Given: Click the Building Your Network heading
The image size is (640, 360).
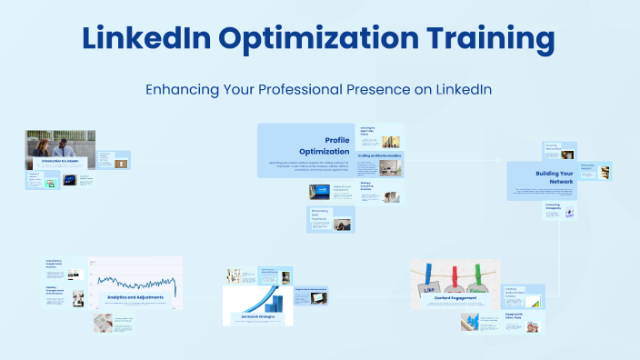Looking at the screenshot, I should point(554,176).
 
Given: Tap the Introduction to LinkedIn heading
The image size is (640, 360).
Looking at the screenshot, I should point(59,161).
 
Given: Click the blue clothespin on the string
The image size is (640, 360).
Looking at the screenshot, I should point(428,274).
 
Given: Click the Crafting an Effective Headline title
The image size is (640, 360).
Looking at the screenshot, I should point(379,156).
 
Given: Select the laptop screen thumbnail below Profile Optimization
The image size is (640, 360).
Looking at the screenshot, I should point(319,192).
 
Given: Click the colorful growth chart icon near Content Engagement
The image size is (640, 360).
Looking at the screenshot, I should point(535,300).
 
